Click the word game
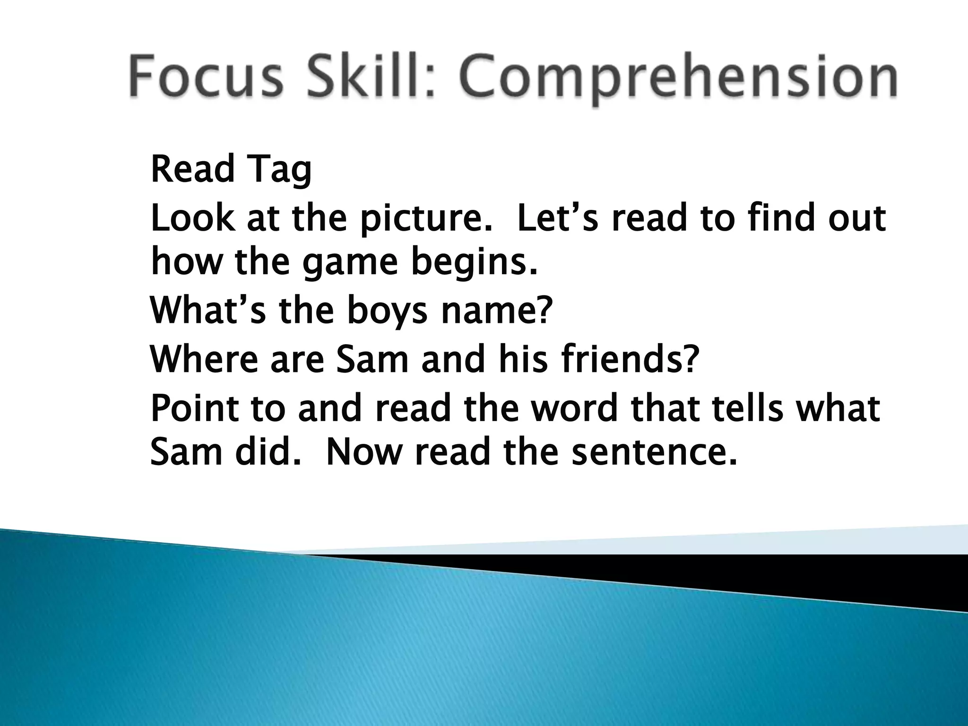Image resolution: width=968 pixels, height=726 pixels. pyautogui.click(x=350, y=263)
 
